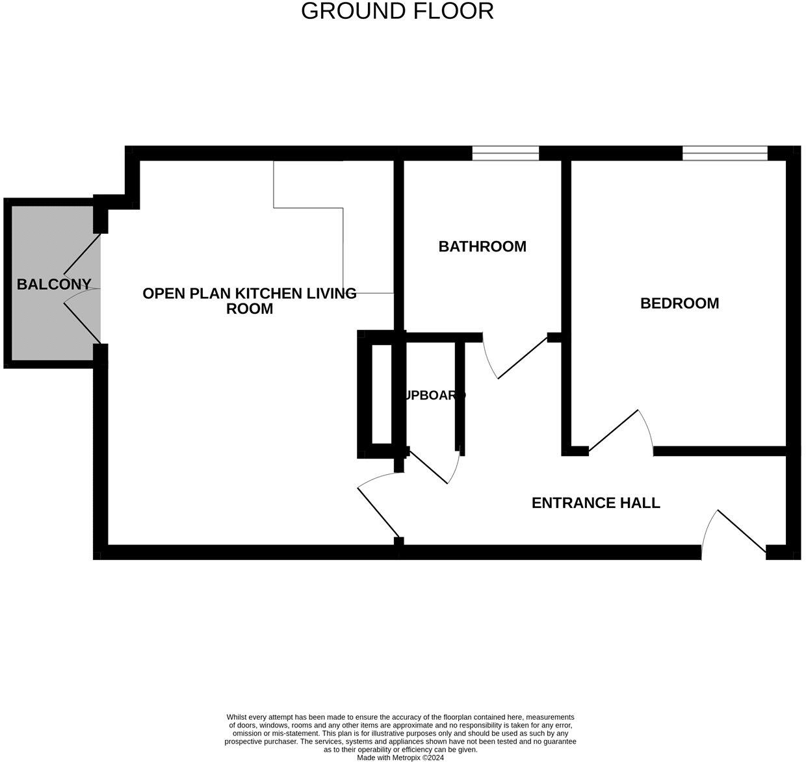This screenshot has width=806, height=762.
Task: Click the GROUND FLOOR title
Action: (397, 11)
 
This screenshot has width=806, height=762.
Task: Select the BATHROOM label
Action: (482, 246)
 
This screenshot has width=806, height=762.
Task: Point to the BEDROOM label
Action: (679, 303)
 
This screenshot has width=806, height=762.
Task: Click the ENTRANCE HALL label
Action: (595, 503)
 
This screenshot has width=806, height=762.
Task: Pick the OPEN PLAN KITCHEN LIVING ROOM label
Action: (250, 301)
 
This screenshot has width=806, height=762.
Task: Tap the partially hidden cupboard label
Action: (434, 395)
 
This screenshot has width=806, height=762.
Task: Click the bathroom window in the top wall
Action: (505, 153)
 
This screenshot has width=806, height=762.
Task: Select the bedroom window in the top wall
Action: (725, 153)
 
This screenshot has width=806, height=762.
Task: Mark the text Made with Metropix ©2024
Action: (400, 757)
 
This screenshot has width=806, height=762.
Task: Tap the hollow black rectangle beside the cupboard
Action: (381, 394)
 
